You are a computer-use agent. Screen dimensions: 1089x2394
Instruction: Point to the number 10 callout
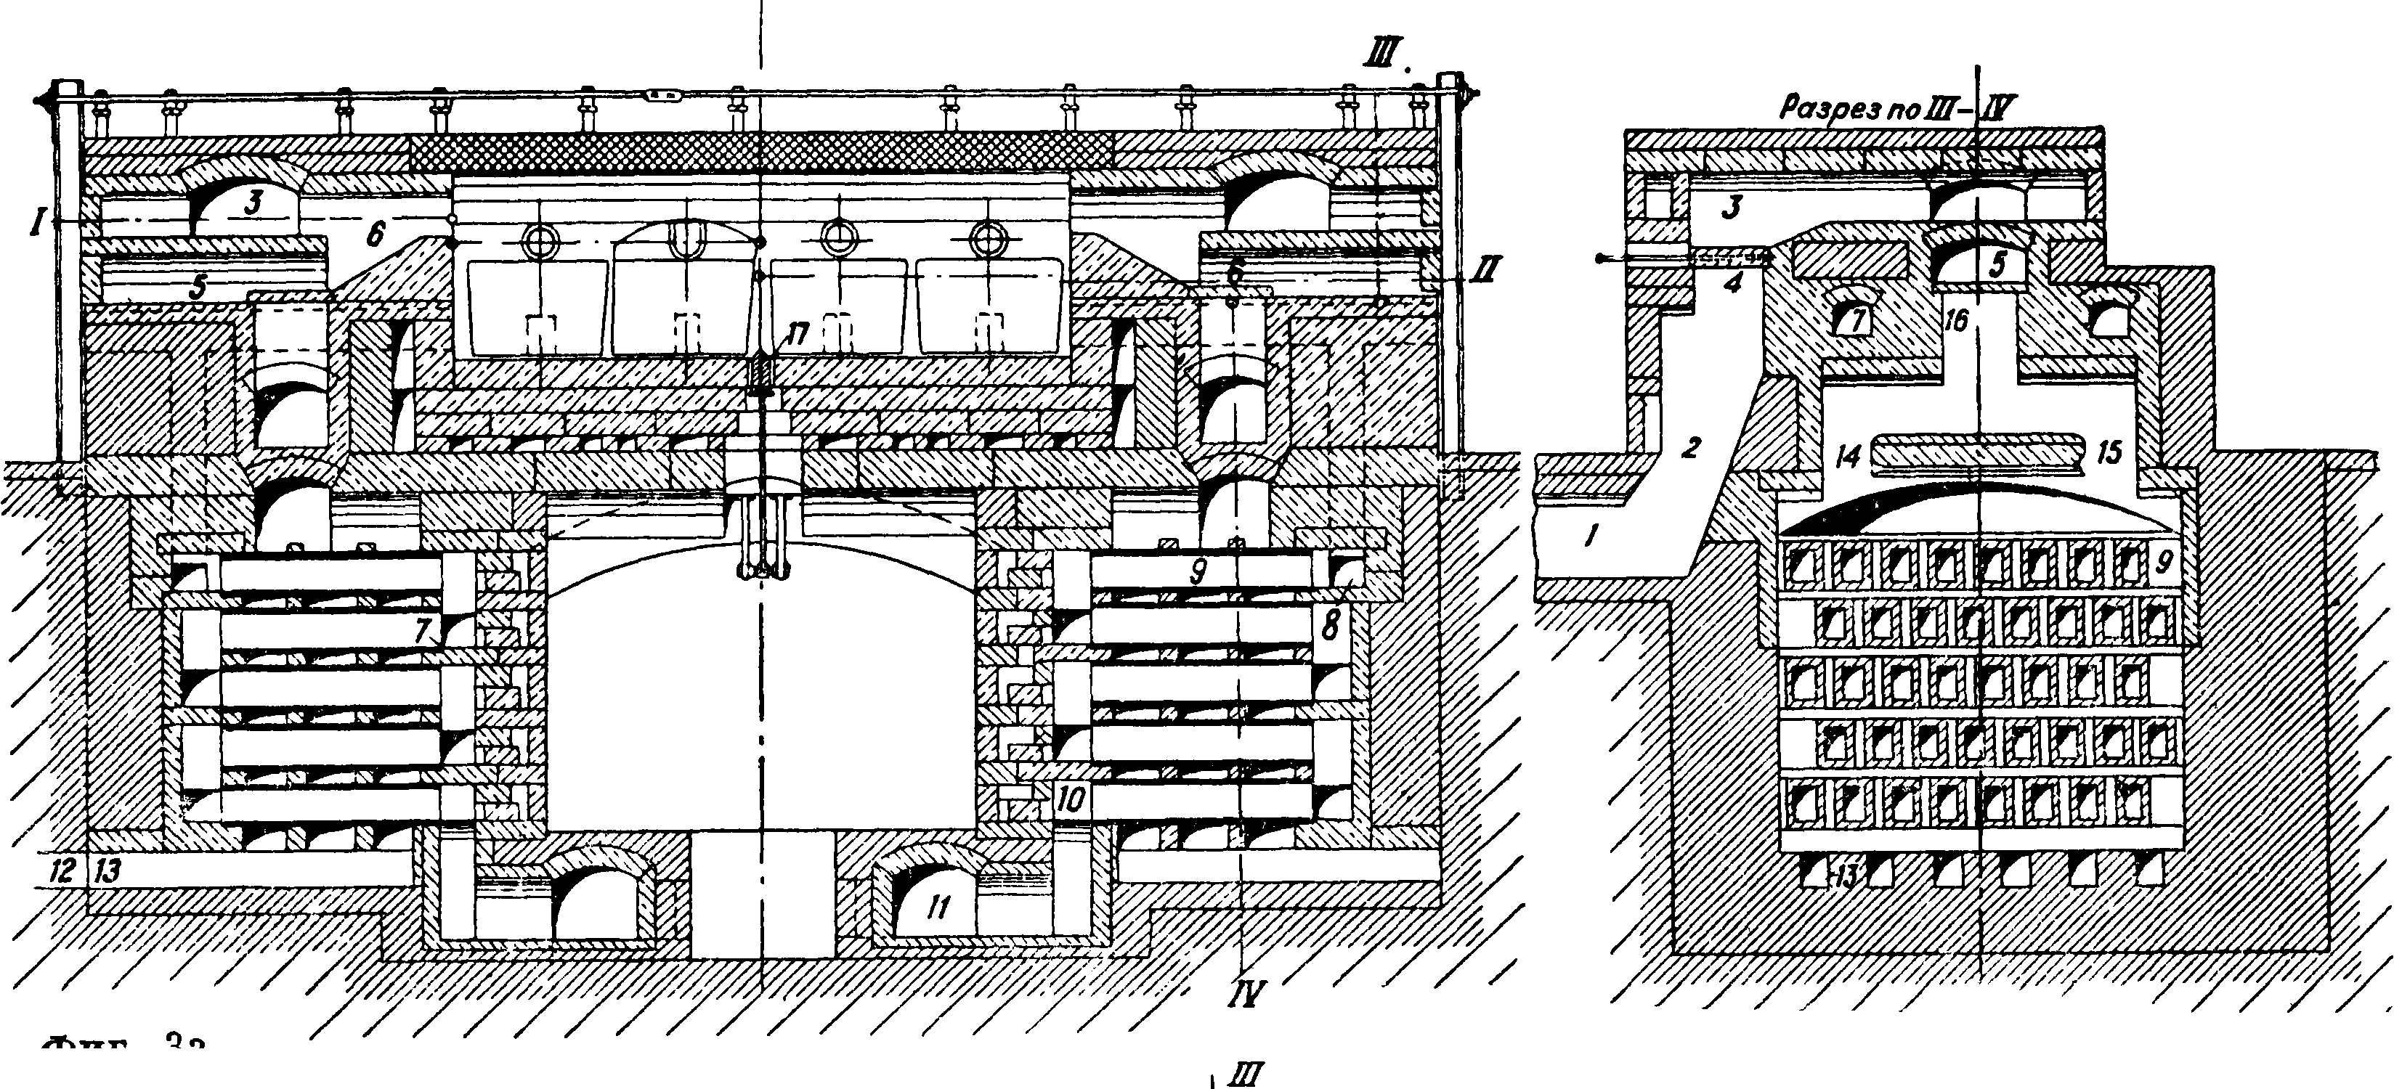tap(1071, 800)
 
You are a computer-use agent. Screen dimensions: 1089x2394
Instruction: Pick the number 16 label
tap(1955, 322)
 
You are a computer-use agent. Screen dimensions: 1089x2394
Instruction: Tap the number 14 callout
tap(1849, 455)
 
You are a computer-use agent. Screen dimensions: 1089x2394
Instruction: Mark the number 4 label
tap(1732, 283)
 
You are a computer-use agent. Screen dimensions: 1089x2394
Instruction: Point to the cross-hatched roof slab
tap(762, 149)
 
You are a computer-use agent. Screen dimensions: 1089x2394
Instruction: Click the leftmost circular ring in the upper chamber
tap(537, 242)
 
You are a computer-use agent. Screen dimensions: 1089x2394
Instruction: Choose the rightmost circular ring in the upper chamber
tap(986, 242)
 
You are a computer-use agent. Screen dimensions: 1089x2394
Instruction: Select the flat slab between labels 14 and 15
tap(1979, 452)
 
